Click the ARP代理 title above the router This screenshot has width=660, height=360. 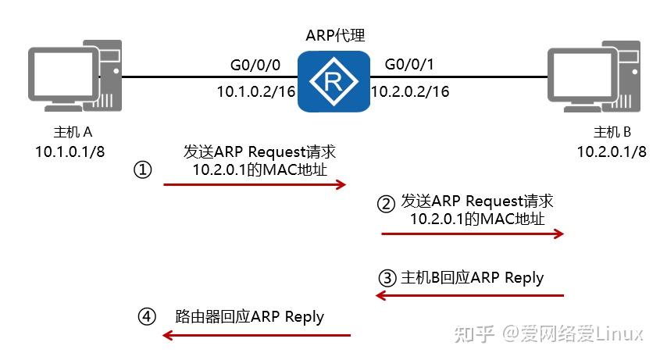pos(335,36)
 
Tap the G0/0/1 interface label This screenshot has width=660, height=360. pos(408,66)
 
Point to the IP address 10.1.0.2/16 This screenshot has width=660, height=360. pos(255,92)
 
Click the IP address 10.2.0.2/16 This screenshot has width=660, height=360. pos(410,92)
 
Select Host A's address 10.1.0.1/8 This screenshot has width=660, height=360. pos(70,151)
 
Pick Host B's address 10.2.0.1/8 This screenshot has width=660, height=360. pos(612,151)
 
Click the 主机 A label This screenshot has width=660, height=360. pos(70,132)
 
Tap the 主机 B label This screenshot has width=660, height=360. pos(612,132)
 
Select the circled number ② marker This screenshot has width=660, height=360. pos(387,205)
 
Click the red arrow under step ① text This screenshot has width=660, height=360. pos(254,184)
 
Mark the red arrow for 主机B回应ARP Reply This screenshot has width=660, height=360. pos(469,295)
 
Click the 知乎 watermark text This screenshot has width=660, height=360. pos(475,334)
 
